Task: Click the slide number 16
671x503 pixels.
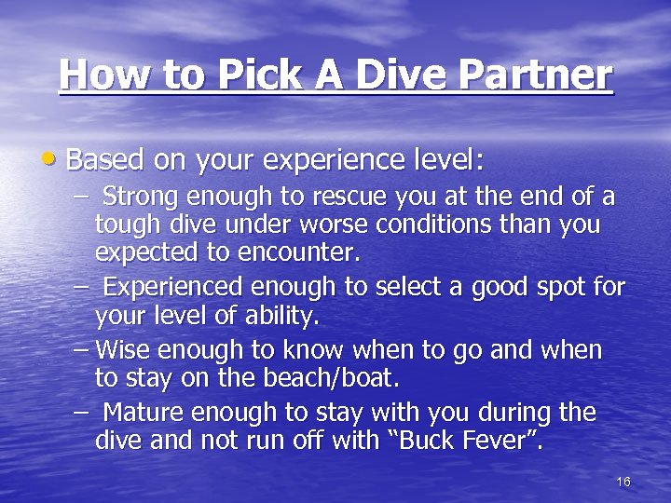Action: click(x=623, y=482)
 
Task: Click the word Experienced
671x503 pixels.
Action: click(x=177, y=286)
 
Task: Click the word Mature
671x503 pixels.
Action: click(x=140, y=412)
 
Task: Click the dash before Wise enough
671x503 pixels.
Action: click(x=82, y=350)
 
